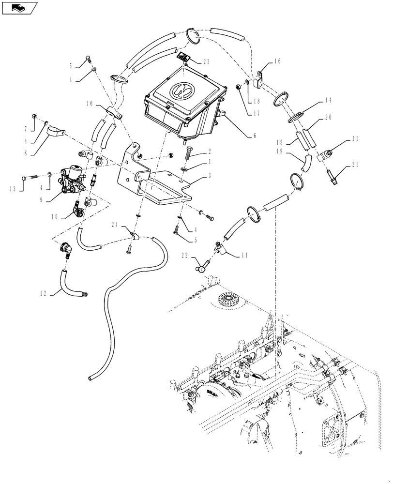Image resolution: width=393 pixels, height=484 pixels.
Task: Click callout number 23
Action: pyautogui.click(x=207, y=61)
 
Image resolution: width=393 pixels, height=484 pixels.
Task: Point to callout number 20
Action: pyautogui.click(x=329, y=117)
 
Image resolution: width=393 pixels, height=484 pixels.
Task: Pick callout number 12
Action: pyautogui.click(x=44, y=292)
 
